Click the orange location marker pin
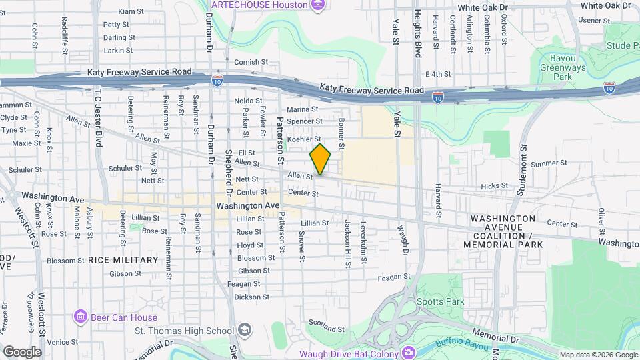pyautogui.click(x=320, y=159)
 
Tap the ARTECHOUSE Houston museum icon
pyautogui.click(x=318, y=5)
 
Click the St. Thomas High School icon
pyautogui.click(x=245, y=329)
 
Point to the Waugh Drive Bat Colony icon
pyautogui.click(x=408, y=353)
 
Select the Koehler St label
pyautogui.click(x=303, y=138)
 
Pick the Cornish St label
pyautogui.click(x=251, y=62)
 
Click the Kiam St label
pyautogui.click(x=131, y=11)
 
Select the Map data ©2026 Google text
pyautogui.click(x=598, y=354)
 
